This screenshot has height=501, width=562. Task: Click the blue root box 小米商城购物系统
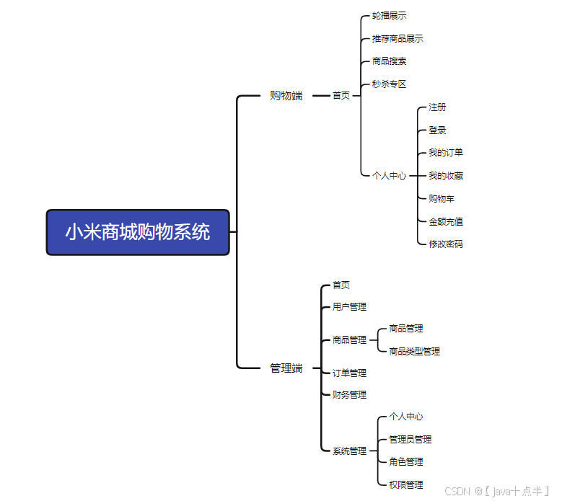click(x=138, y=232)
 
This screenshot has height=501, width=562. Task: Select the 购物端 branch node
click(x=286, y=95)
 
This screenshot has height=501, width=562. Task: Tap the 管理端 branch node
click(x=286, y=368)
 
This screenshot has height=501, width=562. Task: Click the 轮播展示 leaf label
click(x=390, y=15)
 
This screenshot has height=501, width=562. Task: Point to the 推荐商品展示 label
click(x=398, y=38)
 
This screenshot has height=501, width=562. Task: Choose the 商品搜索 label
click(x=390, y=61)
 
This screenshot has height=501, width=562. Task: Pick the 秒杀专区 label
click(x=390, y=84)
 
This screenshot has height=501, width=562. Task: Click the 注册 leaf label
click(x=437, y=107)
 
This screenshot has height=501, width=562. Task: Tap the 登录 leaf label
click(x=437, y=130)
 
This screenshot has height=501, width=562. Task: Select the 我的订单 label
click(x=446, y=152)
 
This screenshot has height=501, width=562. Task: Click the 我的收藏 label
click(x=446, y=175)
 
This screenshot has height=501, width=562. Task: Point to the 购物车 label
click(x=442, y=198)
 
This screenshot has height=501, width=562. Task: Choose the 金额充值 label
click(x=446, y=221)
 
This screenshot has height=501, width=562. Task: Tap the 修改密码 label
click(x=446, y=244)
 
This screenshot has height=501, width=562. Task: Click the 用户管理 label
click(x=349, y=306)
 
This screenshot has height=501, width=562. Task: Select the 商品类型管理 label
click(x=414, y=351)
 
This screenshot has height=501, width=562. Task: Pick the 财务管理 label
click(x=349, y=394)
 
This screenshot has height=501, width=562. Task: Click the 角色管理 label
click(x=406, y=461)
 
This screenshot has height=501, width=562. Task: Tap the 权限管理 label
click(x=406, y=484)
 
